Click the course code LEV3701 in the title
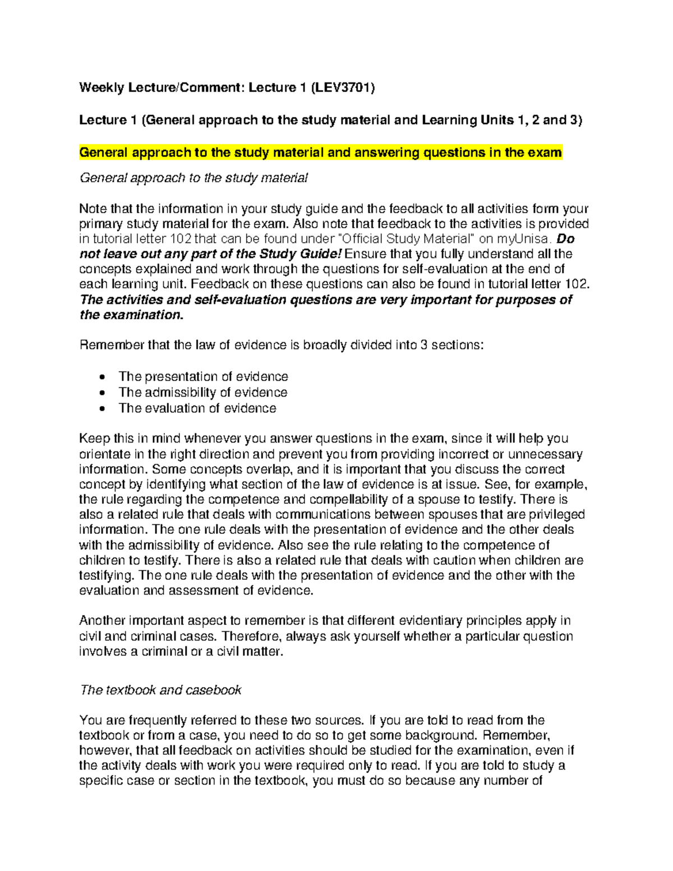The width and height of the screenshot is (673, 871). click(x=343, y=87)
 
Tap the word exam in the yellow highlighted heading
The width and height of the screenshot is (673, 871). click(x=545, y=153)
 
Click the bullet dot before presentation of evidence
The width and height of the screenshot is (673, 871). click(x=102, y=377)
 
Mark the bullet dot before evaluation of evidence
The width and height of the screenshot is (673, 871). click(x=102, y=409)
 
